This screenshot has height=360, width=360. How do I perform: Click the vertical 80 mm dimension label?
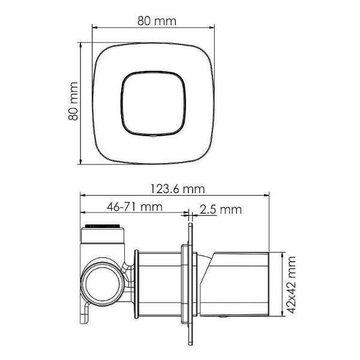pyautogui.click(x=74, y=103)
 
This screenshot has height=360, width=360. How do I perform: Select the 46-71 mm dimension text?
pyautogui.click(x=135, y=207)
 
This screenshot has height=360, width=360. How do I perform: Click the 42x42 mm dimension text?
pyautogui.click(x=292, y=283)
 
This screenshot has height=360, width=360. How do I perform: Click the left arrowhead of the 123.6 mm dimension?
pyautogui.click(x=83, y=195)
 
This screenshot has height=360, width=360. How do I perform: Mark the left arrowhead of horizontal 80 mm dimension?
pyautogui.click(x=94, y=27)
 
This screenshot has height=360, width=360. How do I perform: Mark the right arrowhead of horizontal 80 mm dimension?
pyautogui.click(x=212, y=27)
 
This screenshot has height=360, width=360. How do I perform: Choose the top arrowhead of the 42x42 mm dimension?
pyautogui.click(x=281, y=254)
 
